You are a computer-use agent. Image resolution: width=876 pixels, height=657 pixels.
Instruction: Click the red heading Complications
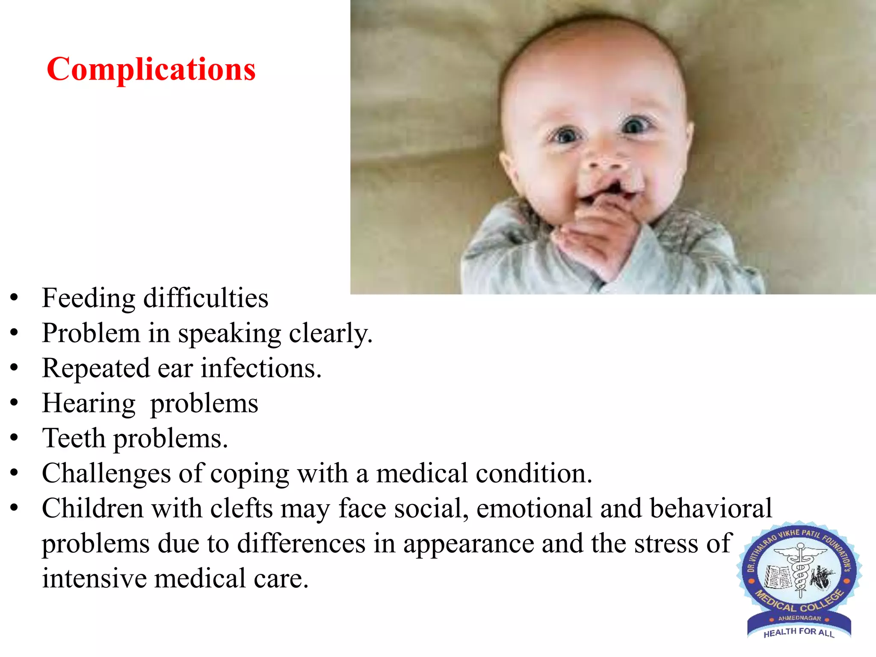pos(151,69)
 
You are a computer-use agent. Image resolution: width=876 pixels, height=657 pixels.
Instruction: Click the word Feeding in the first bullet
pos(89,298)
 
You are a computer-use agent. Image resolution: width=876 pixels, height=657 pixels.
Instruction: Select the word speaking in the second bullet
pos(229,334)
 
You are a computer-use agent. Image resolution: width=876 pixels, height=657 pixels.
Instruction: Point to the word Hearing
pos(89,404)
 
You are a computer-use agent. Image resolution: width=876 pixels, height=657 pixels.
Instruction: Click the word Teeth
pos(74,438)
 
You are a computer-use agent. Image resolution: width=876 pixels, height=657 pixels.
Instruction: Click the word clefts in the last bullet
pos(241,509)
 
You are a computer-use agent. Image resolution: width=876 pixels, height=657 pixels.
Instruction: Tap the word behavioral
pos(711,509)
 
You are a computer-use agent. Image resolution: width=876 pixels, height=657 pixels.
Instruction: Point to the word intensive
pos(94,579)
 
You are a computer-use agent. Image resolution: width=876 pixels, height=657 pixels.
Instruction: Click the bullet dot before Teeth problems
pos(15,438)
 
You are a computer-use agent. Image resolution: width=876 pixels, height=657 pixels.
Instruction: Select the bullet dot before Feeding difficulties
pos(15,298)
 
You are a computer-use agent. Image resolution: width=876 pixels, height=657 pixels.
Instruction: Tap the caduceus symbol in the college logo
pos(799,571)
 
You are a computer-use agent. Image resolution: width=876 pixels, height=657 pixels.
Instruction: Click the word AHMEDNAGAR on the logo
pos(799,618)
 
